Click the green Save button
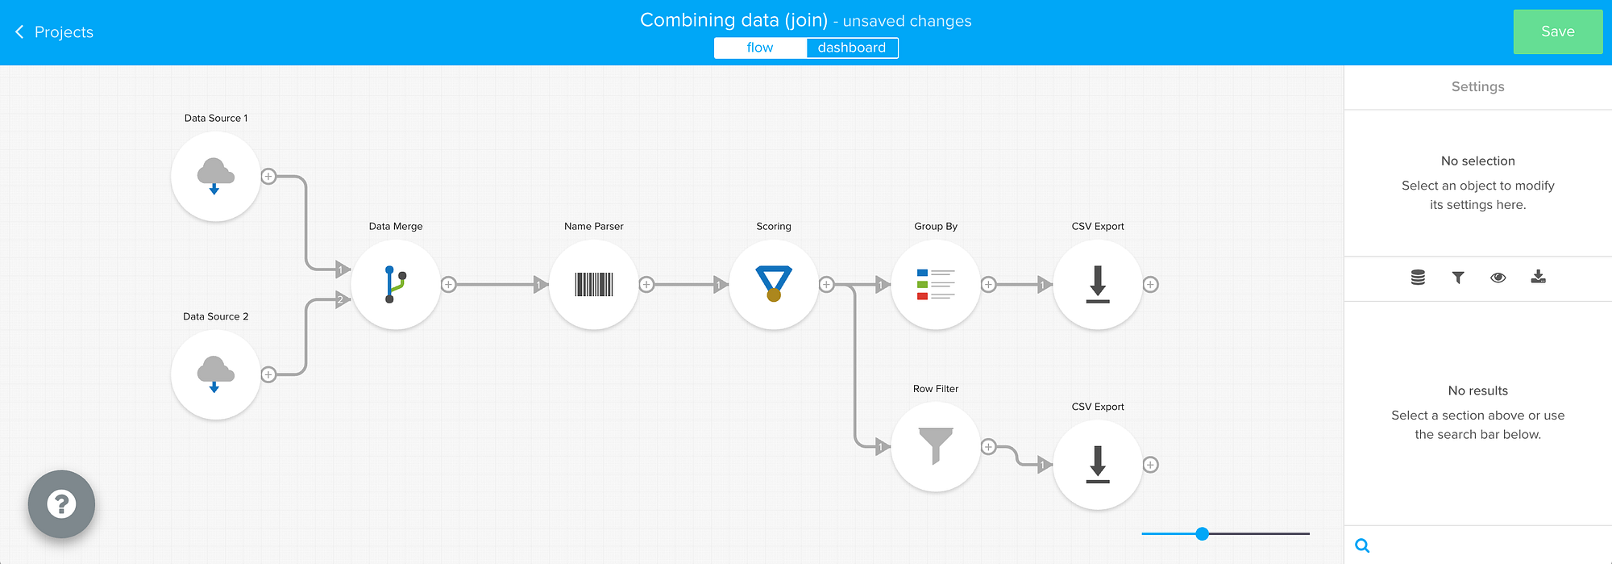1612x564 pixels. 1557,31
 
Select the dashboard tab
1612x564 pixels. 852,48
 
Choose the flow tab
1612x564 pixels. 760,48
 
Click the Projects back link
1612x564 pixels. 54,31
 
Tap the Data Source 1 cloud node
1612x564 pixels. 215,177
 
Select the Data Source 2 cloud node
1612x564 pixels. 215,374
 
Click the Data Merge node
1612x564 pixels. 396,284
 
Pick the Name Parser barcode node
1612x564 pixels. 594,284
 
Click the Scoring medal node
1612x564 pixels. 774,284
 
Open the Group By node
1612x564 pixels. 936,284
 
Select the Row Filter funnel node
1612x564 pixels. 936,446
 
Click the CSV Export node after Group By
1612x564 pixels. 1098,284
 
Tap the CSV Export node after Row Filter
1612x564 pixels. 1098,465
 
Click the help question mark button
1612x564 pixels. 61,504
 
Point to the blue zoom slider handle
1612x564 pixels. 1203,533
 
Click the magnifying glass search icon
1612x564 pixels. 1362,545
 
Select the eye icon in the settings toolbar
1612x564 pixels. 1498,278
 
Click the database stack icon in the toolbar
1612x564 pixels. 1418,278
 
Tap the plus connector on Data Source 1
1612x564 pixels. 268,177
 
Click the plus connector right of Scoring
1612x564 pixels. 826,284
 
